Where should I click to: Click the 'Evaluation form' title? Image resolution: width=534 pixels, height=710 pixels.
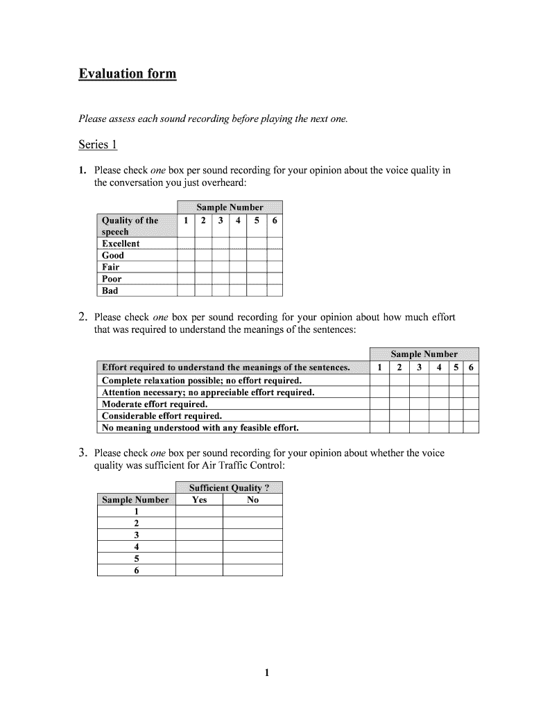[127, 73]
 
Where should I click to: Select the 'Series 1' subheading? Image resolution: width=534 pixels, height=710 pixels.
[98, 144]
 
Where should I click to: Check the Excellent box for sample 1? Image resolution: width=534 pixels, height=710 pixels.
[185, 243]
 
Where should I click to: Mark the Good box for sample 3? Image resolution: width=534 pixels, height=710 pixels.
[221, 255]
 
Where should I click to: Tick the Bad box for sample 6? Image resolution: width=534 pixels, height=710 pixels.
[275, 291]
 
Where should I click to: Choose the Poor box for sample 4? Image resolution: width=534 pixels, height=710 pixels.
[239, 279]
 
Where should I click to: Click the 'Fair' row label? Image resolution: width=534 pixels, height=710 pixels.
[111, 267]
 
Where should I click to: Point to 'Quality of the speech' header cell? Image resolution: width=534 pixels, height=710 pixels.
[130, 226]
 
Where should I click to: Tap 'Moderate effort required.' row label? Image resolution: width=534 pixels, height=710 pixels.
[155, 404]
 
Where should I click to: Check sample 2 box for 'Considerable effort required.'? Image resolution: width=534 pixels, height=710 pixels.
[399, 416]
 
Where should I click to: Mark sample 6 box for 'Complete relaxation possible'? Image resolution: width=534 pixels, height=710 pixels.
[471, 381]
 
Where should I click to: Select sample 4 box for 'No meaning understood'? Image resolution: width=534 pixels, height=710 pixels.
[439, 428]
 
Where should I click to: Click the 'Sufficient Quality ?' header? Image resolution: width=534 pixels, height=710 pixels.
[229, 487]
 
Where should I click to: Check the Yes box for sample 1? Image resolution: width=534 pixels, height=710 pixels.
[199, 512]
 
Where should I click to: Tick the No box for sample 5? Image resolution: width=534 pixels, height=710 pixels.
[252, 558]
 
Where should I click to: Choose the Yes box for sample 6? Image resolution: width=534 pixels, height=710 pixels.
[199, 570]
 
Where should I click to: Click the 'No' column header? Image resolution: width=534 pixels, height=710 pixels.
[252, 500]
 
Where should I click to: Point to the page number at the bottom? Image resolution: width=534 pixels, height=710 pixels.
[267, 673]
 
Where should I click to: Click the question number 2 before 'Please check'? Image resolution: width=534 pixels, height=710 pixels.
[82, 318]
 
